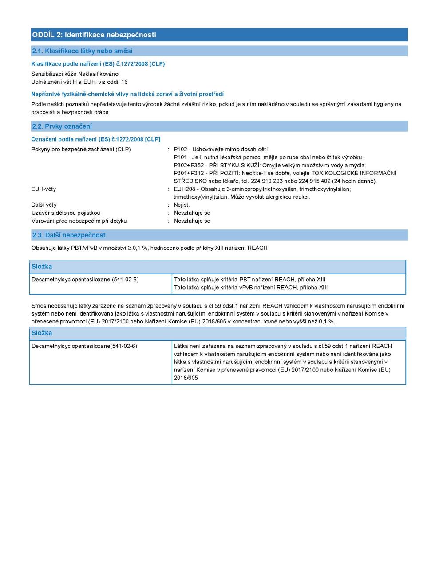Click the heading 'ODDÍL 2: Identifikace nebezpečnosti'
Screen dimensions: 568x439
click(94, 35)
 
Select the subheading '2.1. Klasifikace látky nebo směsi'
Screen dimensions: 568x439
click(82, 51)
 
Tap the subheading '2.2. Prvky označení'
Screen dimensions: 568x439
click(62, 126)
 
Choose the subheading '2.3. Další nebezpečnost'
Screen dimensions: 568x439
click(69, 235)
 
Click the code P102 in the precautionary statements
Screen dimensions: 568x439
click(181, 150)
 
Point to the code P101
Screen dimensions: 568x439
click(181, 158)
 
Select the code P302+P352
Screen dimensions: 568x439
click(189, 166)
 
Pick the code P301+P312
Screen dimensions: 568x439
click(189, 174)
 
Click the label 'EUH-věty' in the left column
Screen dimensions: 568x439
click(44, 189)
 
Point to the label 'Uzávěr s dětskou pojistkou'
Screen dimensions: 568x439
click(66, 213)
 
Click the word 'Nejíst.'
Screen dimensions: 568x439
click(182, 205)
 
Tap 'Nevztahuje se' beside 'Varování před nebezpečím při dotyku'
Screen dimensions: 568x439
click(192, 221)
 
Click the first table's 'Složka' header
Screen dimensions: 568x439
click(42, 267)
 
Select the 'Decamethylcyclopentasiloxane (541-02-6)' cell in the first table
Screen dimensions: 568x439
click(85, 280)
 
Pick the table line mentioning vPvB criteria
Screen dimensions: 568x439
click(251, 288)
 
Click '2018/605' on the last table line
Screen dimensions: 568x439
click(186, 378)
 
